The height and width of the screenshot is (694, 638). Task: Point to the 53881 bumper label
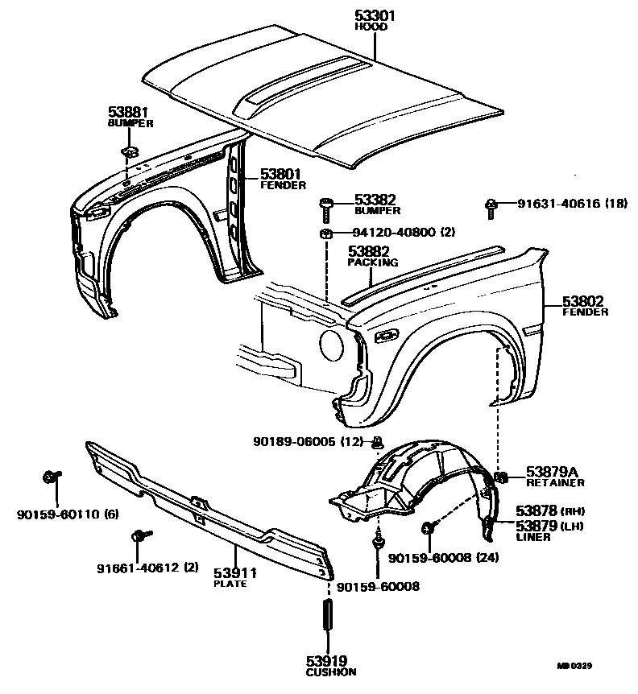point(130,113)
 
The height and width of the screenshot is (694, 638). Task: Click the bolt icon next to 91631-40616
point(490,206)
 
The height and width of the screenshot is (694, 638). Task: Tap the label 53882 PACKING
point(373,256)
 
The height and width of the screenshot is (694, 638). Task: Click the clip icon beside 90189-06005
point(377,441)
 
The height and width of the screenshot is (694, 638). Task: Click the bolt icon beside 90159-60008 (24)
point(428,528)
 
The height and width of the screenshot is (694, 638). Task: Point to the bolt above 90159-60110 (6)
point(49,477)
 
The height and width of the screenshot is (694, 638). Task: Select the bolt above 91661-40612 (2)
point(137,535)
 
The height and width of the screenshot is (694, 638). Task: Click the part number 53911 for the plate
point(235,573)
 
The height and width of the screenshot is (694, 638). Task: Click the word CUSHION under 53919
point(330,671)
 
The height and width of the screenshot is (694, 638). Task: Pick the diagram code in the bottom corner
point(597,667)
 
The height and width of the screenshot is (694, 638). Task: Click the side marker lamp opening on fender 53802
point(387,334)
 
